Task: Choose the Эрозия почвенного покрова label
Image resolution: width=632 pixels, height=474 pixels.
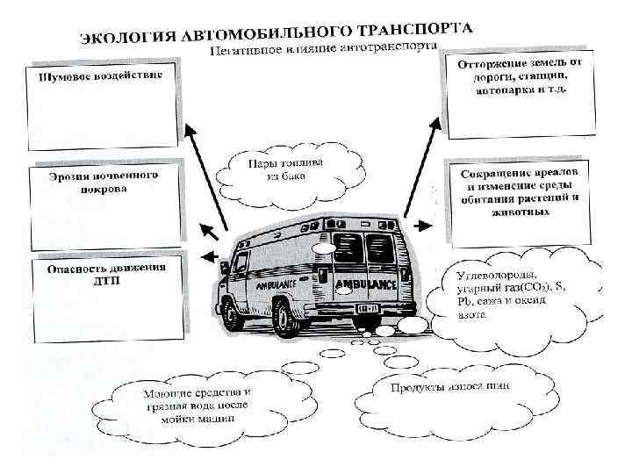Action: pos(104,182)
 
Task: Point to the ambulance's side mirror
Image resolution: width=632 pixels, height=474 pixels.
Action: pos(226,264)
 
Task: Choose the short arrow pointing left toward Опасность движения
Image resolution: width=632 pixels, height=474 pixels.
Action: pos(206,256)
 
